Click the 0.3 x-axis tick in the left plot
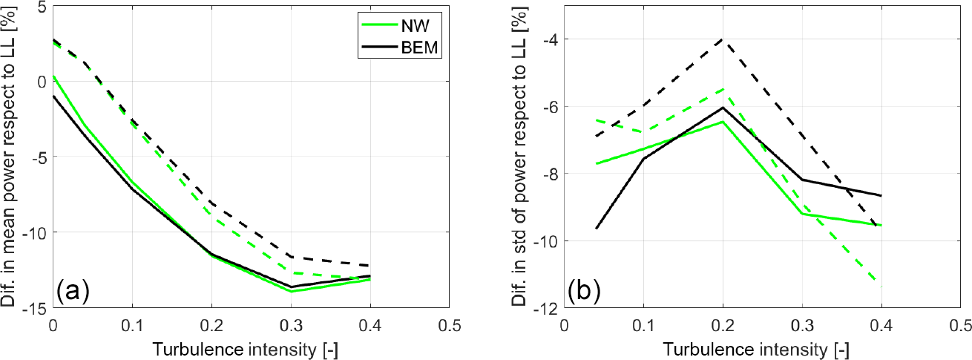pyautogui.click(x=291, y=325)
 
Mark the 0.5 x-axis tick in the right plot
pyautogui.click(x=960, y=325)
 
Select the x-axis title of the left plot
pyautogui.click(x=251, y=348)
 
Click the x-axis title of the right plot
pyautogui.click(x=762, y=348)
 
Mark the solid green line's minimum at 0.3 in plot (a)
pyautogui.click(x=291, y=291)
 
